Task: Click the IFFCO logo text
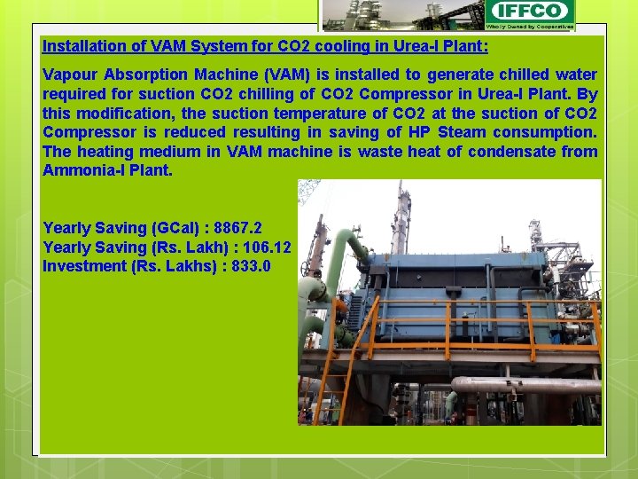point(530,11)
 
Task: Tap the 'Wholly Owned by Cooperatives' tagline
point(530,27)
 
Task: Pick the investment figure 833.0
point(251,265)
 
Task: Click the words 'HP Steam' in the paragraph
point(437,131)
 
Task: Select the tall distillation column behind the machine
point(403,217)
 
